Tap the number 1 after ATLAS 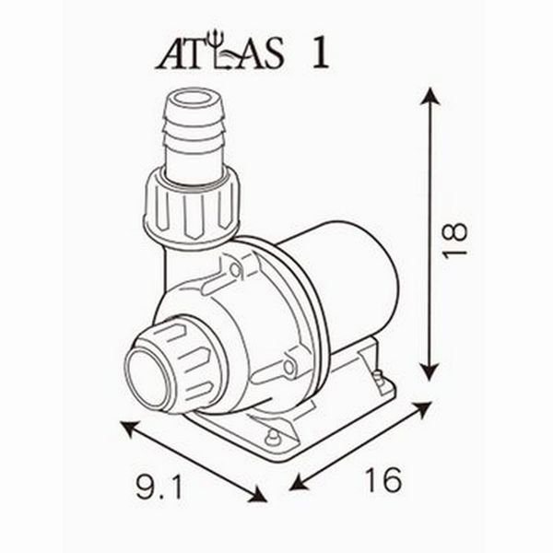pos(321,53)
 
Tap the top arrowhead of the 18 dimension pos(429,93)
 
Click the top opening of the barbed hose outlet pos(194,97)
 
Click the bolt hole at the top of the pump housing pos(237,269)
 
